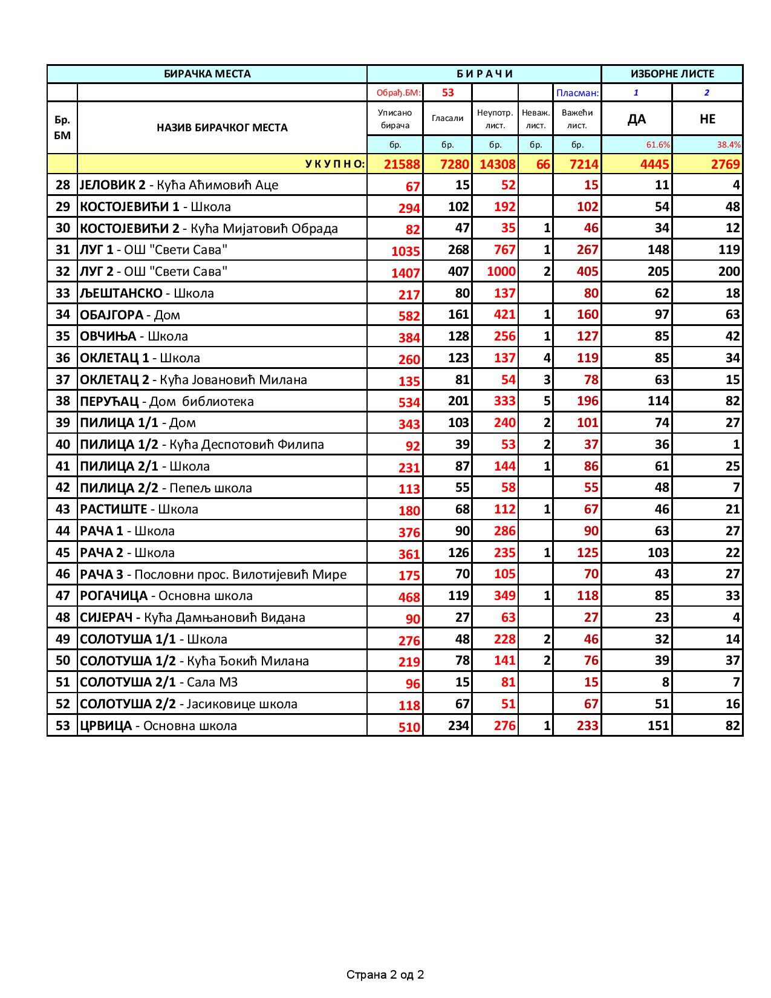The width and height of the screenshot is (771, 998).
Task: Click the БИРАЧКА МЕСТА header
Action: (x=207, y=74)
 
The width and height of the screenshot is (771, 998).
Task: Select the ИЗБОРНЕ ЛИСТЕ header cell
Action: (x=672, y=74)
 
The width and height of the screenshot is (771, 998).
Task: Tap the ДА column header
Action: (x=636, y=119)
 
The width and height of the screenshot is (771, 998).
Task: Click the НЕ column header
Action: (x=707, y=119)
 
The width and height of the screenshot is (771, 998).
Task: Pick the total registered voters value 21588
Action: (x=402, y=165)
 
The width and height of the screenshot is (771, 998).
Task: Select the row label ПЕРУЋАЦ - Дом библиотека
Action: (x=167, y=401)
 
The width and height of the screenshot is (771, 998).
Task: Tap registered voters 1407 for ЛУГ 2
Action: (x=405, y=273)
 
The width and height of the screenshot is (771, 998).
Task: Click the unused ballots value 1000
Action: (x=501, y=272)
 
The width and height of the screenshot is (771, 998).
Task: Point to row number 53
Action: (x=62, y=725)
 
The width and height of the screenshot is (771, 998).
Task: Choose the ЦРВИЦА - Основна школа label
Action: (x=158, y=725)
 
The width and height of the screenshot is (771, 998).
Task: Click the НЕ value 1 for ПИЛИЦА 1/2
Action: (x=736, y=445)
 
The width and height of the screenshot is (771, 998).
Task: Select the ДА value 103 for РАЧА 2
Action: (x=657, y=552)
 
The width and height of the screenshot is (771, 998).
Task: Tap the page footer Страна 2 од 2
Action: (x=385, y=974)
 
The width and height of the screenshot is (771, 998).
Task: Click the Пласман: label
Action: (x=577, y=93)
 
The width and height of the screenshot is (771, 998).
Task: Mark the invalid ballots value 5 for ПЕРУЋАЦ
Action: (x=547, y=401)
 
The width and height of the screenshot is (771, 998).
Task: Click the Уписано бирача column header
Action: (x=394, y=119)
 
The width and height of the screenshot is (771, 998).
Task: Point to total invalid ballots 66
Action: (x=542, y=165)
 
